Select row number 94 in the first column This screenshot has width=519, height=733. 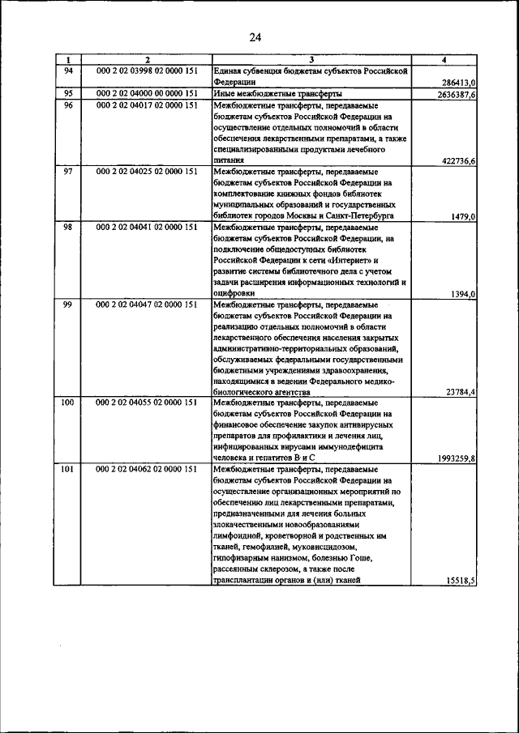click(69, 70)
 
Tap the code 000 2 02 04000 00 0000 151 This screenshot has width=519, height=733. click(147, 93)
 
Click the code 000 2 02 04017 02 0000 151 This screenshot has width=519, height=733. click(147, 104)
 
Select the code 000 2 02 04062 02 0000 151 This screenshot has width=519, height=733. click(147, 469)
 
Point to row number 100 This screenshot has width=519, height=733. click(69, 403)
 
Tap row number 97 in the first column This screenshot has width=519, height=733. click(69, 172)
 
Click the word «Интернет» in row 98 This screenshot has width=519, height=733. click(341, 260)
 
